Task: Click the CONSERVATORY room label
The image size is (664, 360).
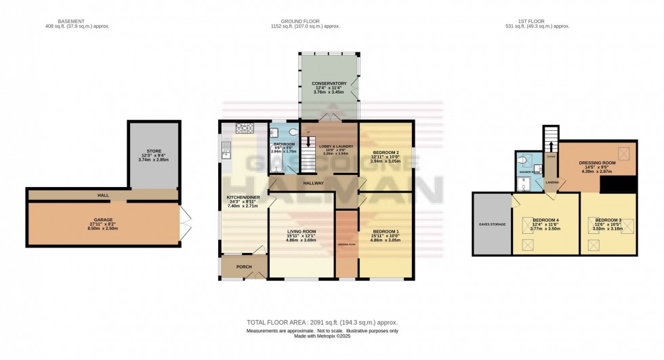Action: pos(329,83)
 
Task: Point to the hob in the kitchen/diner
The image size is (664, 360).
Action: pos(244,127)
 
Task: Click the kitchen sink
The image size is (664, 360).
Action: pos(226,154)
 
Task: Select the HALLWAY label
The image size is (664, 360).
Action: pos(312,183)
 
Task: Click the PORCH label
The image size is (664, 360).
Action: pos(244,266)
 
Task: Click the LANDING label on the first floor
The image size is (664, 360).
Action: pos(553,182)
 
